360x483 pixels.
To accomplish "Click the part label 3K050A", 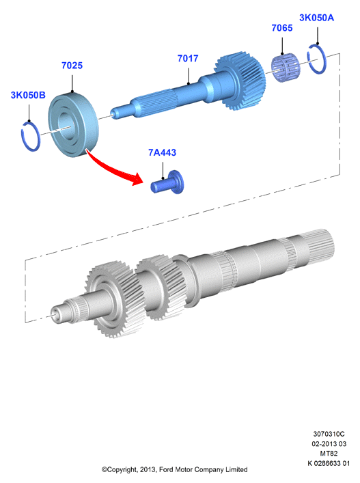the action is (316, 18).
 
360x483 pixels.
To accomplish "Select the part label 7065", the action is (281, 28).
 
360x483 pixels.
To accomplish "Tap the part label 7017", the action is (188, 58).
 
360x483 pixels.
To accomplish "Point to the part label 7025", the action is (72, 66).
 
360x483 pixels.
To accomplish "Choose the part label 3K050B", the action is (28, 95).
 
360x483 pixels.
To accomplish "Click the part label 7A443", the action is (163, 152).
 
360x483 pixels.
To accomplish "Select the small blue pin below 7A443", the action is (167, 183).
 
